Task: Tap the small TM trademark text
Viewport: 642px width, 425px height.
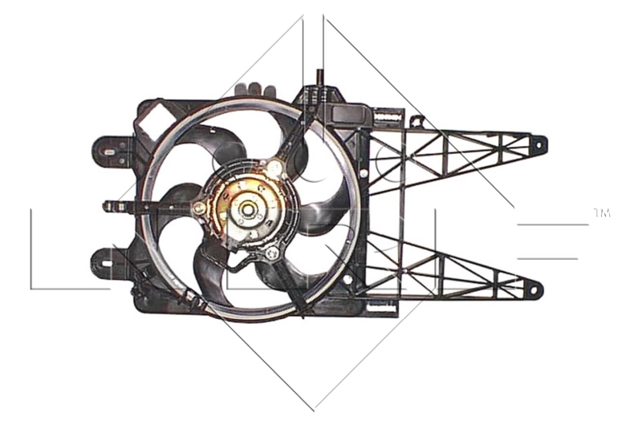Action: point(603,213)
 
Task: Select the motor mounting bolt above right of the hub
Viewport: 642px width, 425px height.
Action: point(275,168)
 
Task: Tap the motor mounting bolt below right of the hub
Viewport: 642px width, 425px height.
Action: point(272,254)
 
